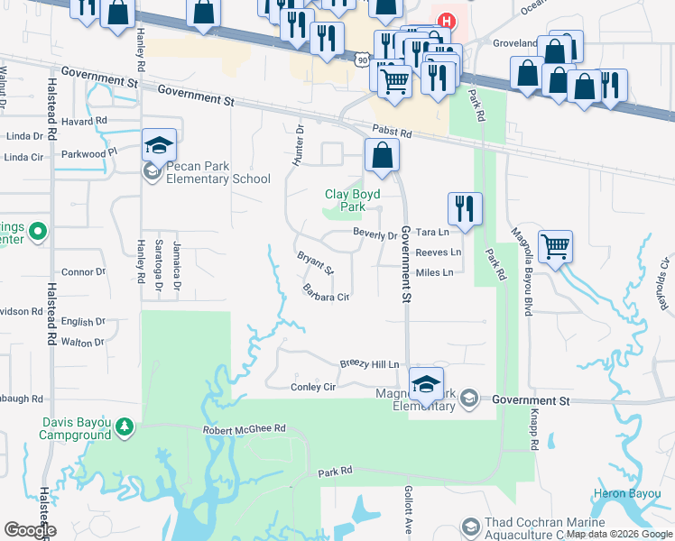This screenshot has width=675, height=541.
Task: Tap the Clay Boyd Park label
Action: pos(352,200)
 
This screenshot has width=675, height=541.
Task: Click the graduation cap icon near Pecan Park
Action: pos(159,146)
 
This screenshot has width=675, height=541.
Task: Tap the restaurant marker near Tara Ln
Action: pos(465,208)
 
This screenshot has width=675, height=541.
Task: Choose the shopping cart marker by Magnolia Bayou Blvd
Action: pos(555,246)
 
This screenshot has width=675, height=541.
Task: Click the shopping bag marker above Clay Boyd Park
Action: pos(383,155)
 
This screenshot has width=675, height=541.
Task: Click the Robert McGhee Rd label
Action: pos(244,429)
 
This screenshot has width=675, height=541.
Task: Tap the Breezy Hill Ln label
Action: pos(369,364)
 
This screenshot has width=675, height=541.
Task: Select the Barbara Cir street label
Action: pos(326,293)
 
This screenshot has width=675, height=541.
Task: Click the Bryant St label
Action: pos(316,263)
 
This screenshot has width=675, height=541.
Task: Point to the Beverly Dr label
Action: pos(374,234)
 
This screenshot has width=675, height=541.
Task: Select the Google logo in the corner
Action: pos(30,530)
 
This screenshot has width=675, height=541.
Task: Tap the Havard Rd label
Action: pos(85,120)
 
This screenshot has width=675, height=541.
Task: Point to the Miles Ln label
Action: pos(434,272)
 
